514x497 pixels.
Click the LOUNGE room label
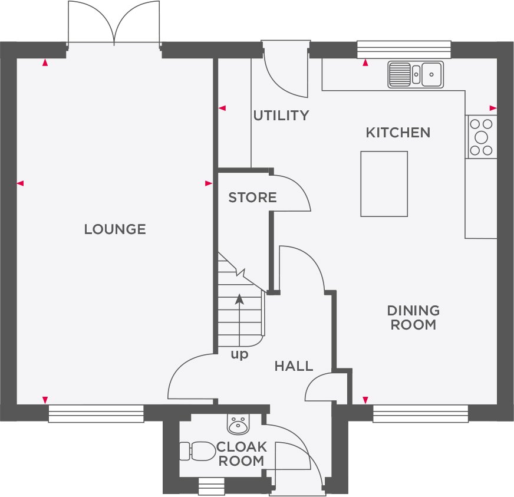(x=115, y=229)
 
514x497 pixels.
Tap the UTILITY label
(x=281, y=116)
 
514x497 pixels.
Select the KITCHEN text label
(x=398, y=133)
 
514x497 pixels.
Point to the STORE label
(x=252, y=198)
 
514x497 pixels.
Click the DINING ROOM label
(x=413, y=317)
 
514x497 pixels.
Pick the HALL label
(x=294, y=366)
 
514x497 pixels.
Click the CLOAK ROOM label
(x=241, y=453)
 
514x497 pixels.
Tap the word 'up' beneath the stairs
(x=239, y=354)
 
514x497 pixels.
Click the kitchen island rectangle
(x=384, y=183)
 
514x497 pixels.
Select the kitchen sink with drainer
(x=416, y=74)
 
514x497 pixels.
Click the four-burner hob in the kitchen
(x=482, y=137)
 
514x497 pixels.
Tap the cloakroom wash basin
(x=239, y=423)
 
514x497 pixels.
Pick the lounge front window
(x=95, y=413)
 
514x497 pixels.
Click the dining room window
(x=420, y=413)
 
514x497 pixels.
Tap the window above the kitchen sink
(x=404, y=49)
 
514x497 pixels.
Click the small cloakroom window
(x=211, y=486)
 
